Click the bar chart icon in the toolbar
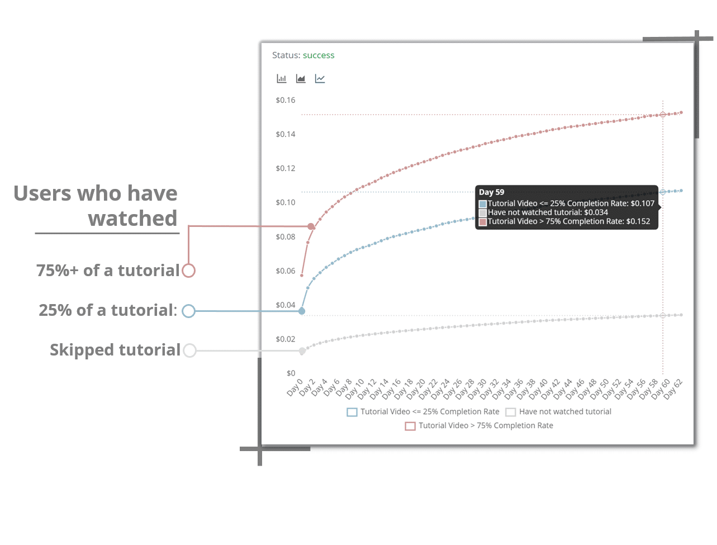pyautogui.click(x=281, y=78)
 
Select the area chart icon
pyautogui.click(x=300, y=78)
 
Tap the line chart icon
pyautogui.click(x=320, y=78)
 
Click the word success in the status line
pyautogui.click(x=318, y=55)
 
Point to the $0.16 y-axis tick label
pyautogui.click(x=285, y=100)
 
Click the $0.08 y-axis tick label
pyautogui.click(x=285, y=236)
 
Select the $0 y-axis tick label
pyautogui.click(x=291, y=373)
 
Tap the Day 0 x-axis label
pyautogui.click(x=295, y=387)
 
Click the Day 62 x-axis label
pyautogui.click(x=673, y=389)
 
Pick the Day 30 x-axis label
pyautogui.click(x=477, y=389)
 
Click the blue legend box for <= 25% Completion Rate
pyautogui.click(x=352, y=412)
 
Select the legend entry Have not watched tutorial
pyautogui.click(x=558, y=411)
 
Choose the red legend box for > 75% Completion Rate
pyautogui.click(x=410, y=426)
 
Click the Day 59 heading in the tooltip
pyautogui.click(x=491, y=192)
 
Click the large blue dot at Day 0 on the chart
pyautogui.click(x=302, y=311)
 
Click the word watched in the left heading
pyautogui.click(x=132, y=218)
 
